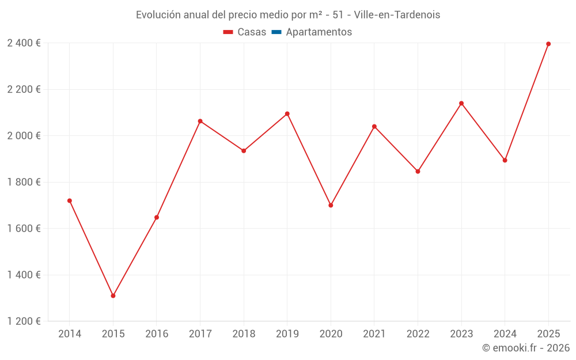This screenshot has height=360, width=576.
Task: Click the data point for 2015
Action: click(113, 295)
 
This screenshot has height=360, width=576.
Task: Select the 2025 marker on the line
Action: click(548, 44)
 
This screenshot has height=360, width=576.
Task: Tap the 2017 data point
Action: click(200, 121)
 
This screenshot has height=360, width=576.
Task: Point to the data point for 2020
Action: click(331, 205)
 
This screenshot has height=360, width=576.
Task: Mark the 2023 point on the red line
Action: click(461, 103)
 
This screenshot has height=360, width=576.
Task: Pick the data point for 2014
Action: click(70, 200)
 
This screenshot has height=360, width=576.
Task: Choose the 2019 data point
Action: click(287, 113)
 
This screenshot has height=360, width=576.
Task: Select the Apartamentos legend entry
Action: click(319, 32)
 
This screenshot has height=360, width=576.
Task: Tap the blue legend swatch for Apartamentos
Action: click(276, 32)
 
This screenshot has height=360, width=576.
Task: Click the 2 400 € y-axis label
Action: click(24, 43)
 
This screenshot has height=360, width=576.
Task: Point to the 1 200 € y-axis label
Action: click(24, 321)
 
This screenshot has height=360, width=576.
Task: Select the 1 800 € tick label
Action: click(24, 182)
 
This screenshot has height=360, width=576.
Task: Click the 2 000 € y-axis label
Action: click(24, 136)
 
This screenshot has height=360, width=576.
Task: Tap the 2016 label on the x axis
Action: click(157, 334)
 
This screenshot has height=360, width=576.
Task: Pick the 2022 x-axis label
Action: click(418, 334)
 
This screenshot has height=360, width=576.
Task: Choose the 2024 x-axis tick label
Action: click(505, 334)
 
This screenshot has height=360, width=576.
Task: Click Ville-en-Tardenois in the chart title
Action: click(397, 15)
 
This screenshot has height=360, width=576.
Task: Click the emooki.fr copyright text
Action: click(526, 348)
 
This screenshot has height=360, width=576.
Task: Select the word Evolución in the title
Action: click(157, 15)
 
